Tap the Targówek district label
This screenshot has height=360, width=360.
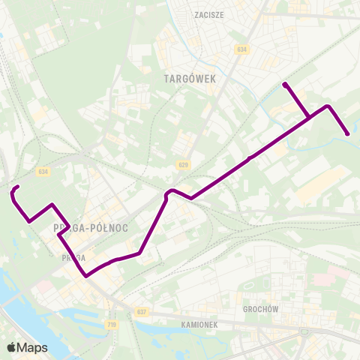coord(184,77)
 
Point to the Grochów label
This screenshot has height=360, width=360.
coord(261,308)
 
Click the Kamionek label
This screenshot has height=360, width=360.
coord(199,325)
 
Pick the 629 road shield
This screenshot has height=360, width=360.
coord(184,165)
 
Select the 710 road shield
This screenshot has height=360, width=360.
coord(112,324)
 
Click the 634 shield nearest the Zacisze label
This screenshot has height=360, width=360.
coord(241,49)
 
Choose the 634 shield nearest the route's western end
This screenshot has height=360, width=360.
coord(43,172)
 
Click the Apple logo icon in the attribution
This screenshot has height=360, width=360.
coord(11,347)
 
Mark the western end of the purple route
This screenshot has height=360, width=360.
coord(17,187)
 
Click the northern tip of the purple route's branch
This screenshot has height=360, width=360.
coord(285,85)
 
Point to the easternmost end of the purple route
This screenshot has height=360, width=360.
coord(347,133)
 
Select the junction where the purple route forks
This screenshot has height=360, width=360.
coord(309,117)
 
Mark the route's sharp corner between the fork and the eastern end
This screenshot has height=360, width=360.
coord(328,106)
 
